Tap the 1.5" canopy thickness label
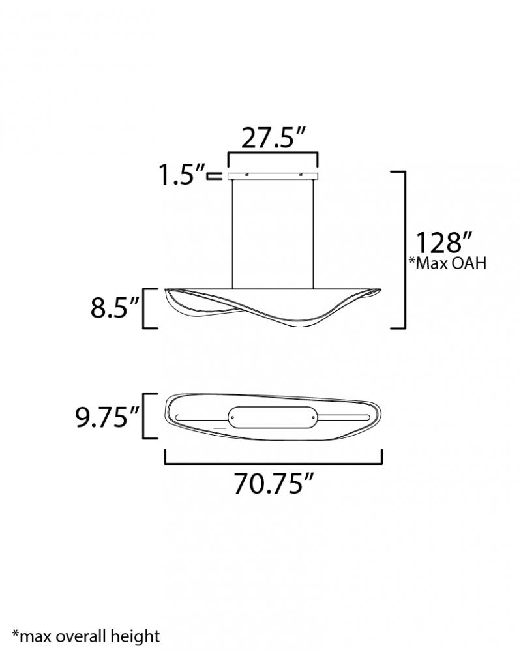(182, 174)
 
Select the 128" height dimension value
(444, 243)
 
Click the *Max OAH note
(447, 263)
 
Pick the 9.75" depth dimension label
(107, 417)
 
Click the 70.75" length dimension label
(273, 484)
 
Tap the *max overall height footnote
(86, 636)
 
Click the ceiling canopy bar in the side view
(273, 176)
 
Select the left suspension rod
(232, 234)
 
